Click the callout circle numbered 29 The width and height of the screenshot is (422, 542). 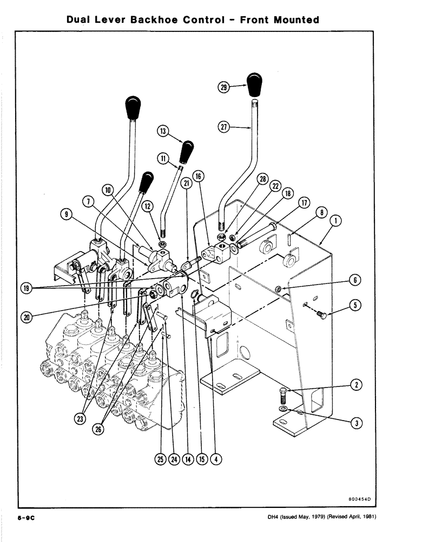point(223,86)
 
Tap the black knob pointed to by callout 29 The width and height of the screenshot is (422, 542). point(254,83)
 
